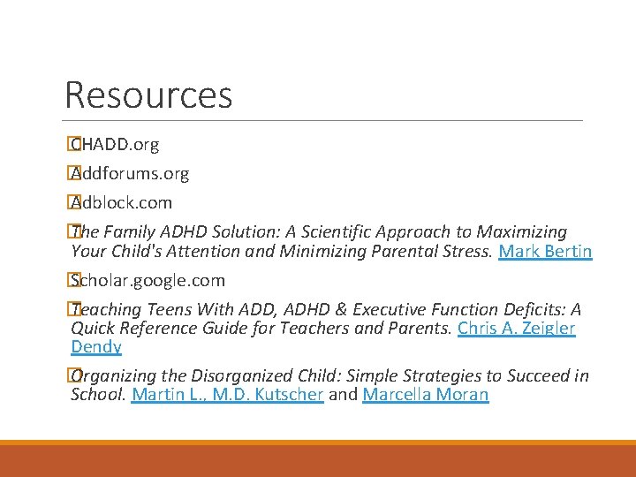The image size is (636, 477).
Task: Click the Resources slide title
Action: pyautogui.click(x=148, y=95)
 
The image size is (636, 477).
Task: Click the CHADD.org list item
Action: pyautogui.click(x=116, y=144)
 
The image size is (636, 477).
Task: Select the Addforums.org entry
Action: pyautogui.click(x=131, y=173)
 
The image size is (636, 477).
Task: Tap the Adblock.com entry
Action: pyautogui.click(x=122, y=202)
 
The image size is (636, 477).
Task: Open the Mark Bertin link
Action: pyautogui.click(x=545, y=252)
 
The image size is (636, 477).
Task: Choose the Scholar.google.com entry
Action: pyautogui.click(x=148, y=281)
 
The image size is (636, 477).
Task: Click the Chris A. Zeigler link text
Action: pyautogui.click(x=517, y=329)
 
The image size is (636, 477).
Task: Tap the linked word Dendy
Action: pyautogui.click(x=95, y=347)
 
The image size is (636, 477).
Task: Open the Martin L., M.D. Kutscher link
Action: pyautogui.click(x=227, y=395)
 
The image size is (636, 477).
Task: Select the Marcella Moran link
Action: pyautogui.click(x=425, y=395)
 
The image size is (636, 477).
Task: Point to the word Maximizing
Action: pyautogui.click(x=522, y=232)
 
